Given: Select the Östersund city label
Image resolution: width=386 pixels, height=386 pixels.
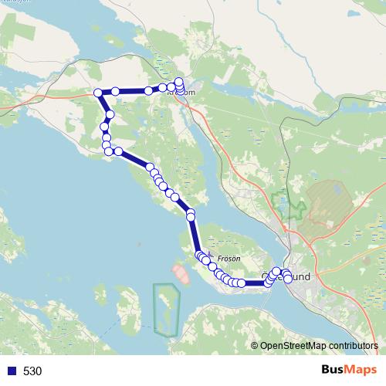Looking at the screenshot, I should [x=287, y=275].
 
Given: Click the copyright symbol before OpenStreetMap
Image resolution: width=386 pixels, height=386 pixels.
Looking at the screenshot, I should [x=255, y=346].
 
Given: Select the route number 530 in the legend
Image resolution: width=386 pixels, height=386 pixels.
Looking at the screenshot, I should [x=32, y=371].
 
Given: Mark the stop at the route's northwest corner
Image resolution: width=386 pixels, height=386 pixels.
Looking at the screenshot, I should [x=98, y=93].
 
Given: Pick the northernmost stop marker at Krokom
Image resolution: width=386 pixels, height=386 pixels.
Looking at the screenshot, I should [x=179, y=81].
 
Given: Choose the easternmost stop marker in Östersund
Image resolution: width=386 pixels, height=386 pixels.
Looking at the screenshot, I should [x=289, y=279].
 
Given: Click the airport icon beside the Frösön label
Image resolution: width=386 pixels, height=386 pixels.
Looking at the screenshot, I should [x=210, y=252].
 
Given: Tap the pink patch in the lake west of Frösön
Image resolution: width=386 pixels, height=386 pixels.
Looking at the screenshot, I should [x=181, y=273].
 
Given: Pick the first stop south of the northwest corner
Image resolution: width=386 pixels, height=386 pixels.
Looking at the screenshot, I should [x=110, y=115].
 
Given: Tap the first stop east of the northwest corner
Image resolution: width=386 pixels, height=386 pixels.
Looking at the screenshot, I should [x=115, y=91].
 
